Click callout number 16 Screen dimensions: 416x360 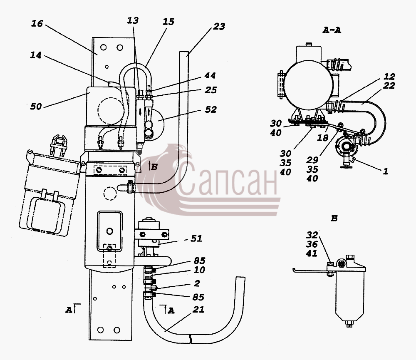[x=37, y=23]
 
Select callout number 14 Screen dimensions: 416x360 [x=36, y=55]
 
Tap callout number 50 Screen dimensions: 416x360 [x=36, y=107]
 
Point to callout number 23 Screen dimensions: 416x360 [x=219, y=26]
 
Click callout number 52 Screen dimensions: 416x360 [x=211, y=109]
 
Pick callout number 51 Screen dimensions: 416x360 [x=197, y=238]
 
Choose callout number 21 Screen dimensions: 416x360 [x=198, y=310]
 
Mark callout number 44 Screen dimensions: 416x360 [x=210, y=75]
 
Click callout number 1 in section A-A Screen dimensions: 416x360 [x=386, y=171]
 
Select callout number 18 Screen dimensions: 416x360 [x=323, y=137]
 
